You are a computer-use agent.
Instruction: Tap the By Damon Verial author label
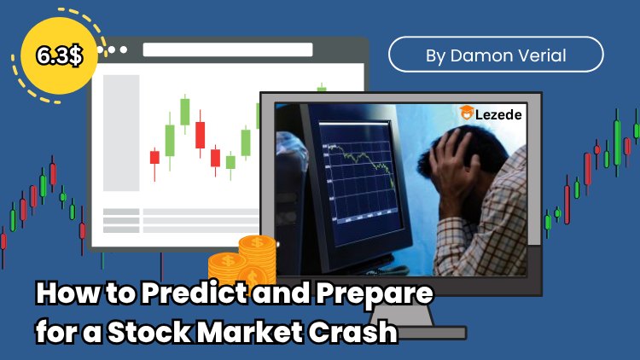(496, 55)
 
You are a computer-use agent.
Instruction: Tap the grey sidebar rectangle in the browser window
(121, 132)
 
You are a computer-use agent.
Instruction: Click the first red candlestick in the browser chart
(154, 157)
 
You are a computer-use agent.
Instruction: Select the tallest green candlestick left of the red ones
(184, 111)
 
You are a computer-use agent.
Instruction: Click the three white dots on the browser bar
(113, 49)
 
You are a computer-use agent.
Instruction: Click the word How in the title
(61, 295)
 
